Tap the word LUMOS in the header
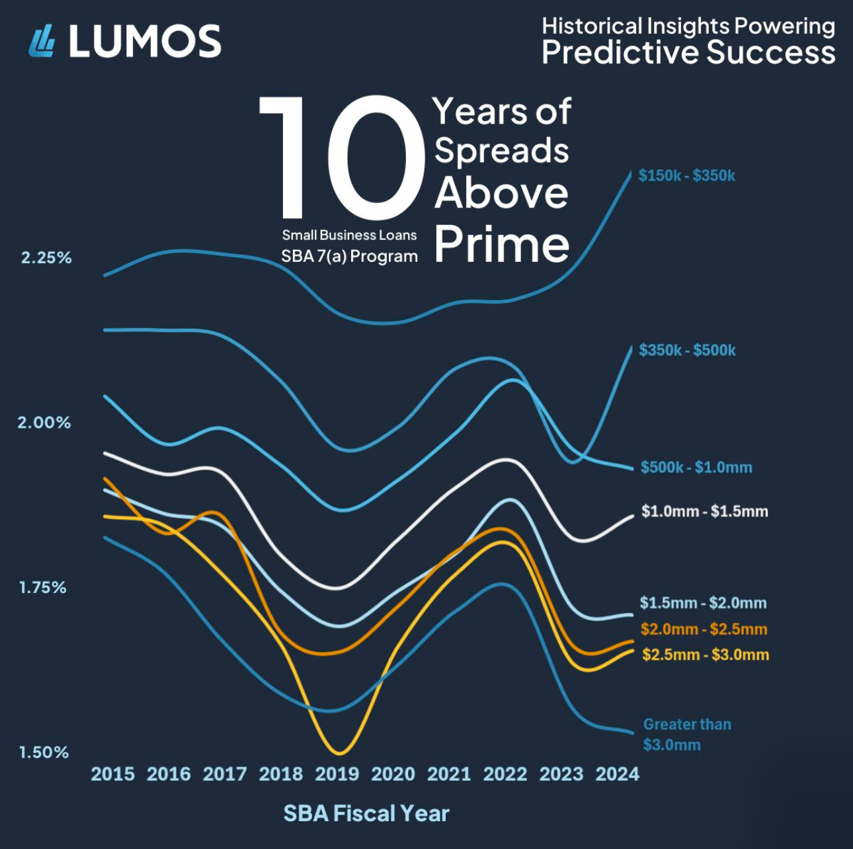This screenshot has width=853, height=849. point(145,41)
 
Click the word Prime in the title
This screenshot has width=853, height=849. point(502,245)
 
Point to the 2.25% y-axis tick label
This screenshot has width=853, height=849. point(46,258)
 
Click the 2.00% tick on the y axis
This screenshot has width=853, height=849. point(44,423)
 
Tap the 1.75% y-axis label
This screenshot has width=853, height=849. point(43,587)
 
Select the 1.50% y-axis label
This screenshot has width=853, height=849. point(44,752)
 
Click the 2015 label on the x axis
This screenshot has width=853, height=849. point(112,774)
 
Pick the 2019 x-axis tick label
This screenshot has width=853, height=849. point(337,774)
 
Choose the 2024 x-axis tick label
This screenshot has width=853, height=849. point(618,774)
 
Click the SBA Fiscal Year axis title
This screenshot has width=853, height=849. point(366,813)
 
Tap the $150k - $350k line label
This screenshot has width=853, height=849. point(687,176)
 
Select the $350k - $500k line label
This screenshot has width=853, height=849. point(687,350)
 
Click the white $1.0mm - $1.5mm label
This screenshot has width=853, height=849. point(705,511)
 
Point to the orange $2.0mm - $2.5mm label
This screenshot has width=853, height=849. point(704,629)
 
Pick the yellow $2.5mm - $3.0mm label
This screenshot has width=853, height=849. point(706,655)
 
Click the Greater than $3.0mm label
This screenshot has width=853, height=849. point(687,735)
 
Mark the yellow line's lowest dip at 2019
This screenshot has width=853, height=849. point(339,752)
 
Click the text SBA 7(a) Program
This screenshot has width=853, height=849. point(349,256)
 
